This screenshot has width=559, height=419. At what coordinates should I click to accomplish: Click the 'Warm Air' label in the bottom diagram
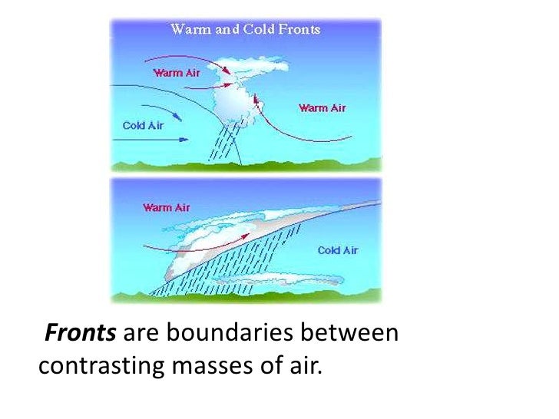[166, 207]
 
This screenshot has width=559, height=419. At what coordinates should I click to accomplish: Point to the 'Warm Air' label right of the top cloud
[322, 107]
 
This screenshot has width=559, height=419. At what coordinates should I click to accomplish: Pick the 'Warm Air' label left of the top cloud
[177, 74]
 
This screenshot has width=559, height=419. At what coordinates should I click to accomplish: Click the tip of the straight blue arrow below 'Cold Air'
[187, 140]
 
